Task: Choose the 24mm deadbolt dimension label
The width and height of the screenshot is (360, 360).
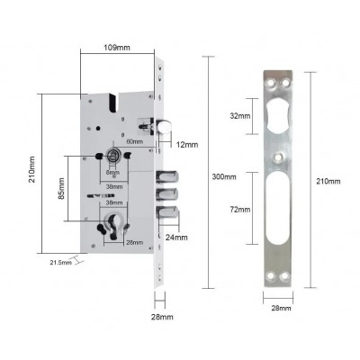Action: (176, 238)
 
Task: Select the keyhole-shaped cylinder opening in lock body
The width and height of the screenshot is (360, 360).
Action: (114, 227)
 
